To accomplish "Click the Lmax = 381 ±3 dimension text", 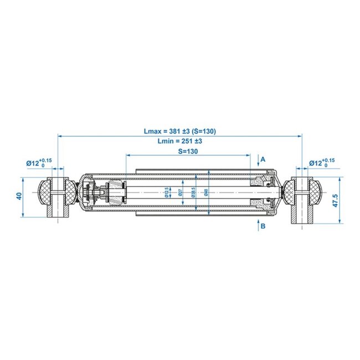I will point(179,131).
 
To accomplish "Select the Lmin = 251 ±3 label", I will point(179,141).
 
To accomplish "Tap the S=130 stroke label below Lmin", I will point(188,151).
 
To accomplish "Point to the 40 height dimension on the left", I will point(19,197).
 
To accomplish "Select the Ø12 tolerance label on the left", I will point(39,163).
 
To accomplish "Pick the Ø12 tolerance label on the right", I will point(321,163).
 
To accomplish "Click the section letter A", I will point(263,159).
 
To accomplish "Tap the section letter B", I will point(263,226).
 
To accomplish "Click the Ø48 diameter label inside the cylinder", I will point(205,192).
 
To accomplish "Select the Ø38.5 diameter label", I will point(193,192).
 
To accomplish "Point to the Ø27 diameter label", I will point(181,192).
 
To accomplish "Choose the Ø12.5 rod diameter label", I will point(167,192).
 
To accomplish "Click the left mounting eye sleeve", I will point(57,197).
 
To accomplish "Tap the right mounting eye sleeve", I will point(301,199).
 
